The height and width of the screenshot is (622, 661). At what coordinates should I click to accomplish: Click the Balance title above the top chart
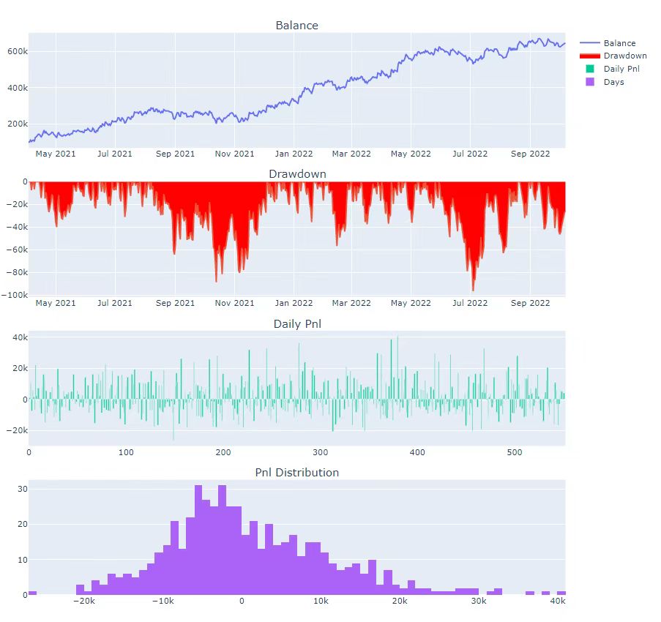pyautogui.click(x=296, y=26)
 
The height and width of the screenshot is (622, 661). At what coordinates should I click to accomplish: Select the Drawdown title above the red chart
pyautogui.click(x=297, y=174)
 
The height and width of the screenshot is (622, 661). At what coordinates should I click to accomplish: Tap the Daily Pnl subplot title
pyautogui.click(x=296, y=323)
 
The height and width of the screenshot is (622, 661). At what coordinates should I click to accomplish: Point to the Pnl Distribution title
pyautogui.click(x=296, y=473)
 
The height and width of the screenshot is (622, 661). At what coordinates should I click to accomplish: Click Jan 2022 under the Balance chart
pyautogui.click(x=294, y=154)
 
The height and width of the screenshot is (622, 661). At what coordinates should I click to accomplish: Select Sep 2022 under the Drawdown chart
pyautogui.click(x=530, y=303)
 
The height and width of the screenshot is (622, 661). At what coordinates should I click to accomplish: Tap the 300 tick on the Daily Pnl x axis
pyautogui.click(x=321, y=452)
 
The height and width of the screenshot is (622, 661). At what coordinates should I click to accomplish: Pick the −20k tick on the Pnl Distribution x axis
pyautogui.click(x=83, y=602)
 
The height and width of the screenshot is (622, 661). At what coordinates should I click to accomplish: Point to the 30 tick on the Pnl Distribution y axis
pyautogui.click(x=21, y=489)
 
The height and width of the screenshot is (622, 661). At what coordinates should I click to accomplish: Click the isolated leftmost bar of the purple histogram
pyautogui.click(x=32, y=592)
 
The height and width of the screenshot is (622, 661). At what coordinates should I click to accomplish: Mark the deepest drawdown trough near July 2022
pyautogui.click(x=473, y=290)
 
